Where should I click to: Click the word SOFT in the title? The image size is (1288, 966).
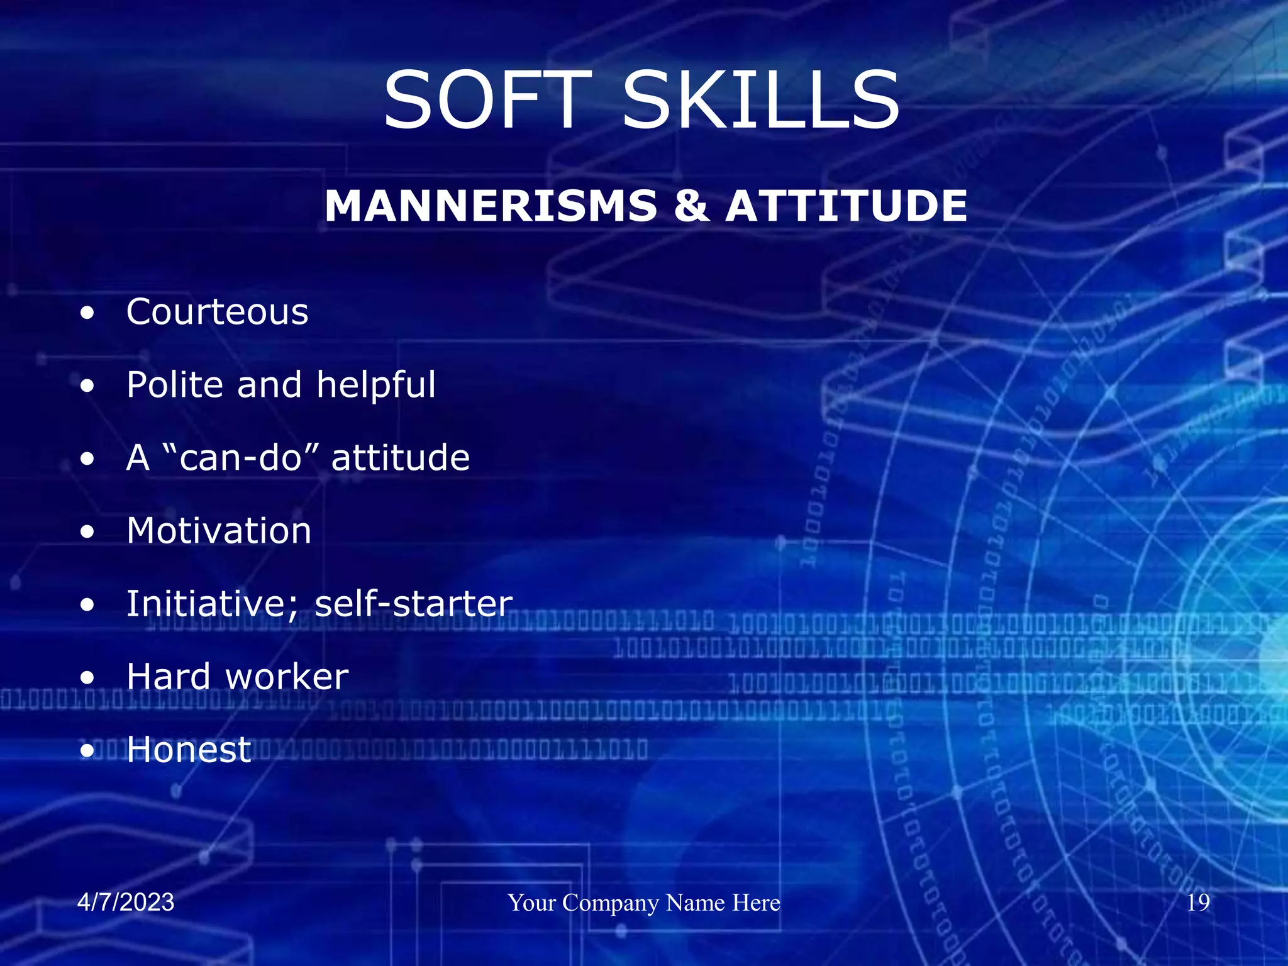(487, 101)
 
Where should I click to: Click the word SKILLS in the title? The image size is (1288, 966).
(761, 101)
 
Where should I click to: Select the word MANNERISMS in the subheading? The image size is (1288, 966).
(491, 206)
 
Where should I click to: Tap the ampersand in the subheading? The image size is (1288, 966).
(691, 206)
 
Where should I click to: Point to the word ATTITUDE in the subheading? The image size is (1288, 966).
(846, 206)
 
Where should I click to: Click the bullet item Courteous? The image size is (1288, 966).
(217, 312)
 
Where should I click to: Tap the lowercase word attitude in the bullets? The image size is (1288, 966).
(400, 457)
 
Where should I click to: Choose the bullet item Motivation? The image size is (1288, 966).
(219, 531)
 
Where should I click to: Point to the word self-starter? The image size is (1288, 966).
(413, 604)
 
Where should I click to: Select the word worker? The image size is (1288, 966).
(287, 677)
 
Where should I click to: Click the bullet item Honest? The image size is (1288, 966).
(189, 750)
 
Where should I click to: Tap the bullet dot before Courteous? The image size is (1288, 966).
(87, 313)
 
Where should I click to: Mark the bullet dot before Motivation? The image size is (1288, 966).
(87, 531)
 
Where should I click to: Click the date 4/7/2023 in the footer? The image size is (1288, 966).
(126, 902)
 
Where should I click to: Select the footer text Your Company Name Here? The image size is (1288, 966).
(644, 902)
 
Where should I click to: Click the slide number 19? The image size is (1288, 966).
(1198, 902)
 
